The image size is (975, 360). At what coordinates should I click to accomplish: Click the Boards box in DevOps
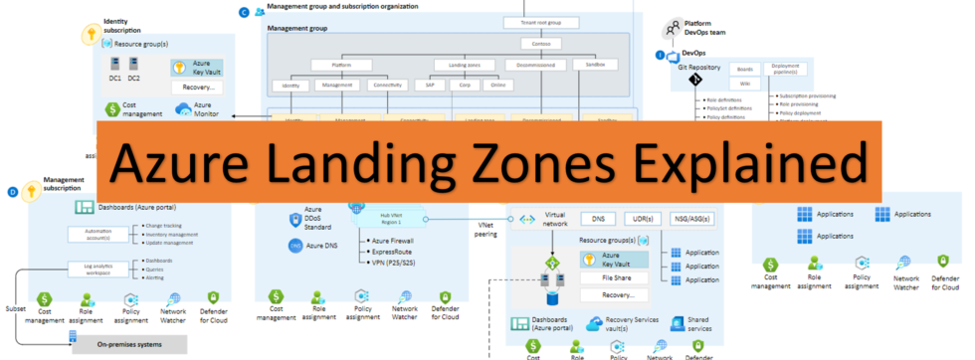(743, 69)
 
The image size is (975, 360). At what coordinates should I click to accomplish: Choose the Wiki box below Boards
(743, 85)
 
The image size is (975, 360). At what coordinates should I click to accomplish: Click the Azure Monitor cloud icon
(183, 109)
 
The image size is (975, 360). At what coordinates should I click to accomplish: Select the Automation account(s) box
(93, 235)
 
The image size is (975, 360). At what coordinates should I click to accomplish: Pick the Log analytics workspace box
(93, 268)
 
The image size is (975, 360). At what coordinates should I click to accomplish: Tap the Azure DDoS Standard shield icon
(294, 220)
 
